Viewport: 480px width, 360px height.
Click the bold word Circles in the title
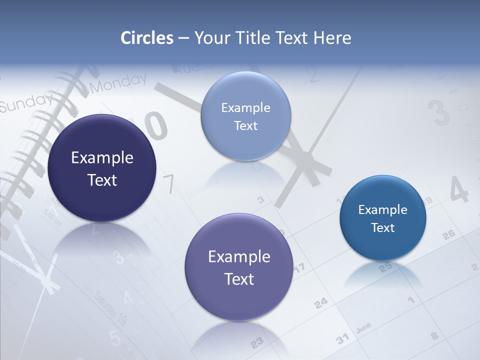pos(147,38)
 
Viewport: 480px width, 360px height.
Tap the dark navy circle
pos(102,168)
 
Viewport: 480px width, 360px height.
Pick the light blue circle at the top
pos(245,116)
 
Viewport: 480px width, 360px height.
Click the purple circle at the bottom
pos(239,267)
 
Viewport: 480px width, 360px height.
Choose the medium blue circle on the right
pos(383,218)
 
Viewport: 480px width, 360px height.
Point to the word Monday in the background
pos(118,83)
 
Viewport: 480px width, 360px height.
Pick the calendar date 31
pos(342,339)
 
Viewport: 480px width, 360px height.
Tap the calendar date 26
pos(448,234)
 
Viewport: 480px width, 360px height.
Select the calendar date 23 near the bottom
pos(256,343)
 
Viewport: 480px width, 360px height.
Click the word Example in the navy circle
pos(102,157)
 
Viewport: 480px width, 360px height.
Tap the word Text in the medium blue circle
pos(383,227)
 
